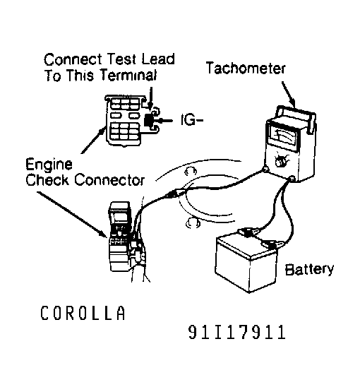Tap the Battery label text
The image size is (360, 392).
click(308, 270)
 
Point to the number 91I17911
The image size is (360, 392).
click(237, 332)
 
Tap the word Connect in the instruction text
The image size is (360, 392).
click(71, 59)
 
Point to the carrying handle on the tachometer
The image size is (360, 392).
click(289, 112)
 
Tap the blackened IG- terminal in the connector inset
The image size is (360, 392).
click(150, 121)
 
